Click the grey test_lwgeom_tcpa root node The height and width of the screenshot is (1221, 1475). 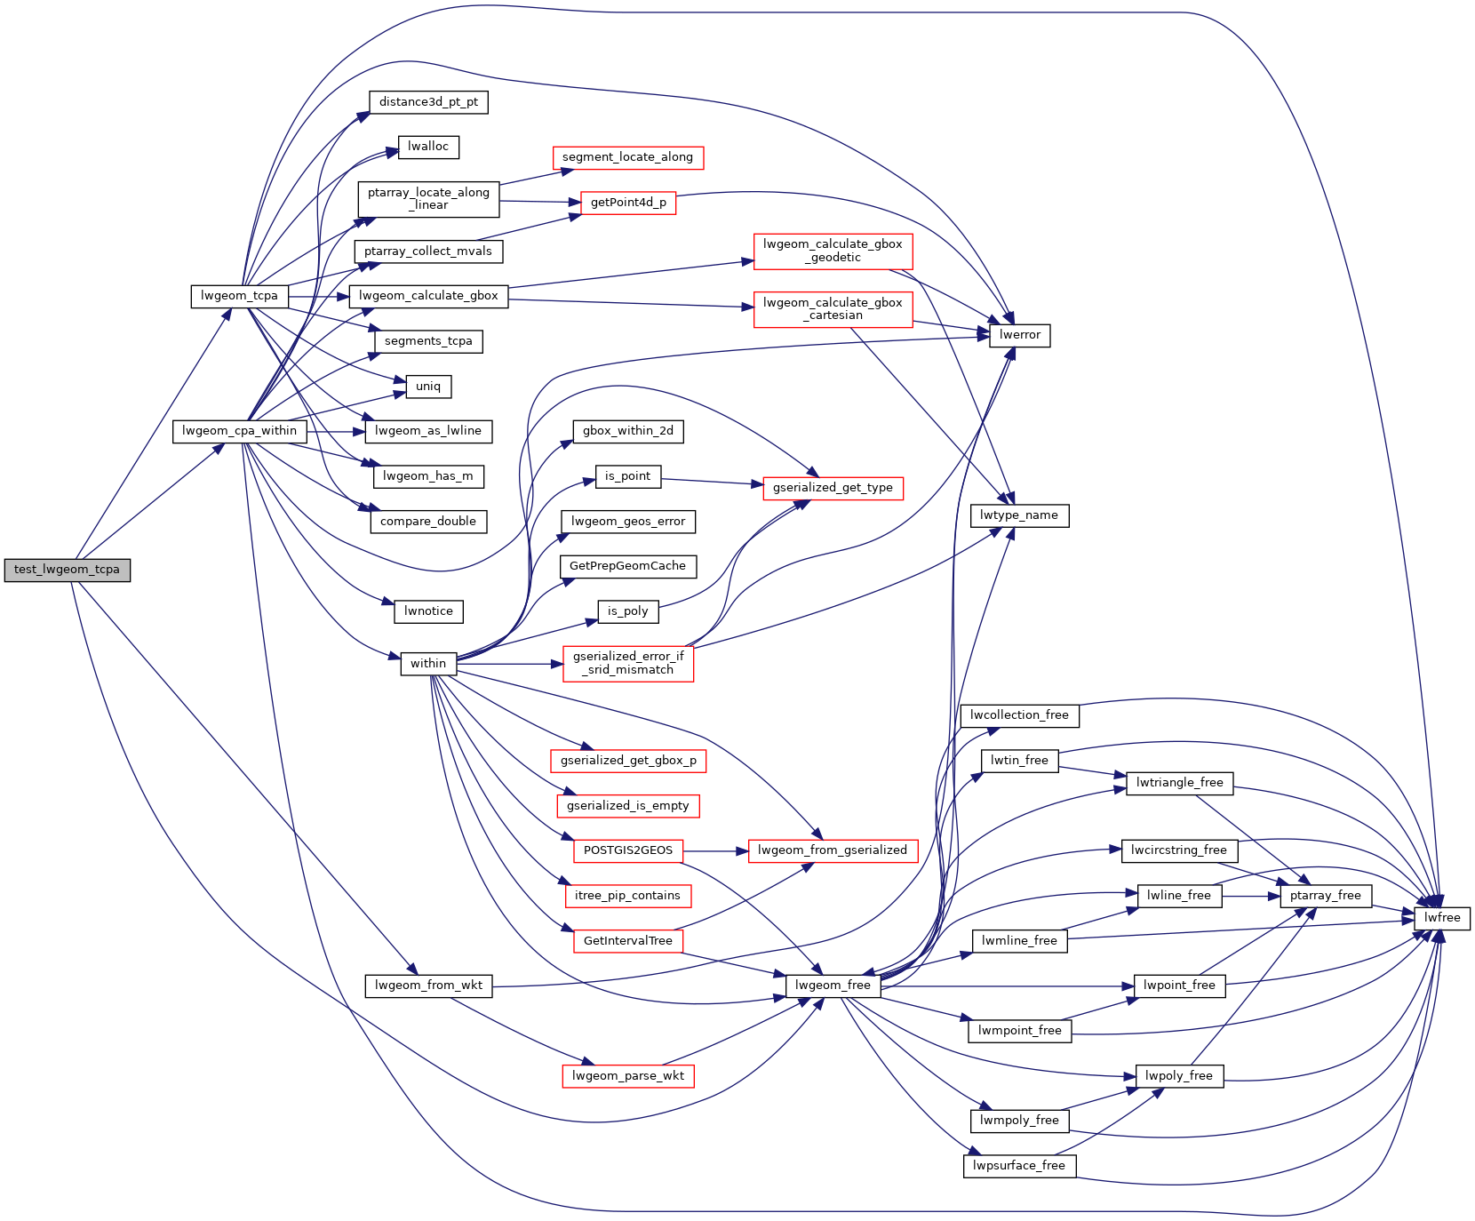point(67,570)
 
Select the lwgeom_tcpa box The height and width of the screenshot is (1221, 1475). point(239,296)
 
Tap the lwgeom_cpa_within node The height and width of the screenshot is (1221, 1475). point(239,431)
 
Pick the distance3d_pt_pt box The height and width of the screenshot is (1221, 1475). point(428,102)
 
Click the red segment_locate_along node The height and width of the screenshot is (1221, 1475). point(627,157)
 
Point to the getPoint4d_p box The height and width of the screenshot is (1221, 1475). point(628,203)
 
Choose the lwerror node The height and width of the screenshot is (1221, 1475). point(1019,335)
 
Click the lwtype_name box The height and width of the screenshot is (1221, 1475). point(1018,515)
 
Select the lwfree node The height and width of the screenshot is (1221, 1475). point(1441,918)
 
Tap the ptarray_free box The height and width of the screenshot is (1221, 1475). point(1325,896)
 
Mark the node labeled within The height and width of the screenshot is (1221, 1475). point(428,664)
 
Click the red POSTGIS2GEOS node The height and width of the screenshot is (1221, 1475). point(627,850)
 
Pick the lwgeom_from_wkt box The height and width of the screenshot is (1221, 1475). point(428,986)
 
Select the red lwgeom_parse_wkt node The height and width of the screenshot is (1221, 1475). point(627,1076)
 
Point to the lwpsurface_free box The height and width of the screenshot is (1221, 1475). point(1018,1166)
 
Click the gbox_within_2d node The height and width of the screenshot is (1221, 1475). point(627,431)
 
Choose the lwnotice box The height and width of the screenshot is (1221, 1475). point(428,611)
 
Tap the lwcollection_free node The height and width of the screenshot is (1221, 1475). point(1018,715)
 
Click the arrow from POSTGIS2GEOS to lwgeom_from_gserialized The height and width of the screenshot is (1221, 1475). point(715,850)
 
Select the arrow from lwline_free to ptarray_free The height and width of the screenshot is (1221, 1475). point(1250,897)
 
